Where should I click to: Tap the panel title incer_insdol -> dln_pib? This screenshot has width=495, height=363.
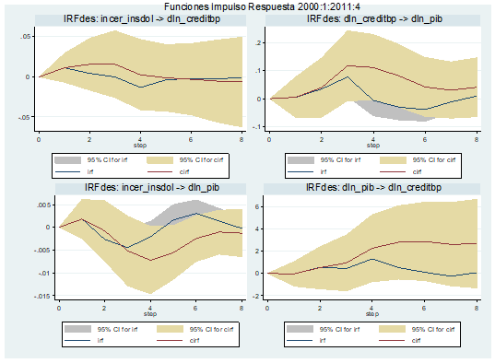[x=138, y=188]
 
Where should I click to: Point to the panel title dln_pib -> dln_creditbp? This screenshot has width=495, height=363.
[x=371, y=188]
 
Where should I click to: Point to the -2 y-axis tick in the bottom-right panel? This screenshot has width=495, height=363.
[x=258, y=294]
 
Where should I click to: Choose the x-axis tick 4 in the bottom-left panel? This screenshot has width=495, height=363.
[x=150, y=308]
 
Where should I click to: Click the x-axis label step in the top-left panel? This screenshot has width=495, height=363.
[x=138, y=146]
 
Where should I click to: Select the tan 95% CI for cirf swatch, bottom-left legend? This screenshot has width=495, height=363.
[x=167, y=328]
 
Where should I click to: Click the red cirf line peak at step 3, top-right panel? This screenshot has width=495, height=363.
[x=348, y=65]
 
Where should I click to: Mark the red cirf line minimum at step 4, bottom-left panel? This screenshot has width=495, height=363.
[x=150, y=261]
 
